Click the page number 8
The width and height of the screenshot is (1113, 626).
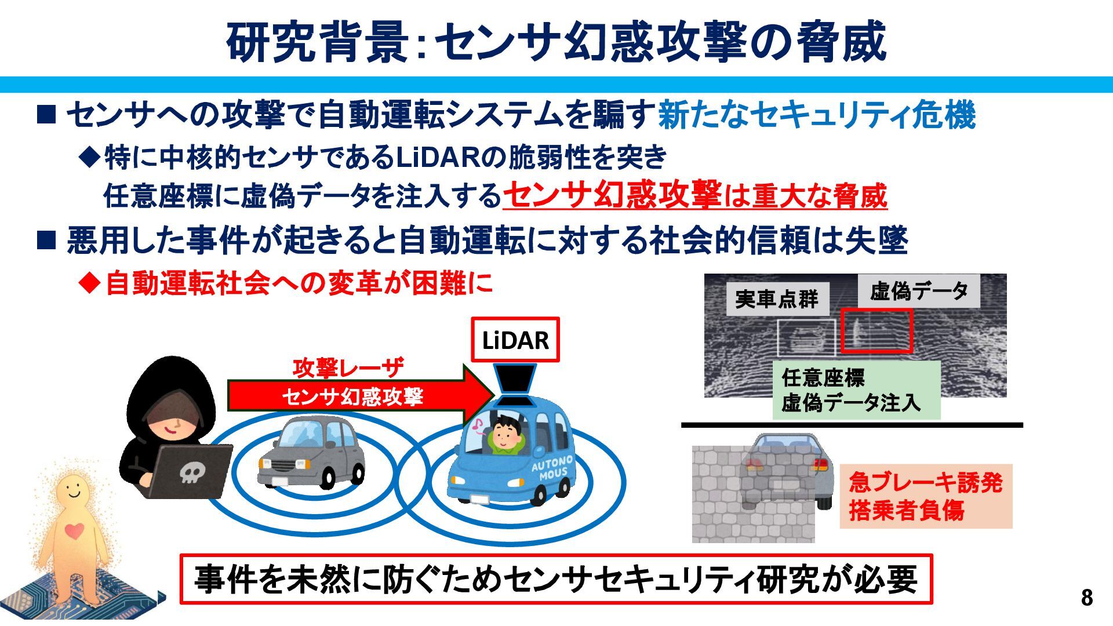pos(1087,598)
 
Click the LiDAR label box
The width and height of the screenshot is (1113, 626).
pos(515,340)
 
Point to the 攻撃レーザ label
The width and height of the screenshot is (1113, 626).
pos(348,367)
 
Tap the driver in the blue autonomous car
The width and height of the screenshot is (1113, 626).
pos(506,435)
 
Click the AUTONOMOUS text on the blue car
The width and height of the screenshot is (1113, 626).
pos(552,468)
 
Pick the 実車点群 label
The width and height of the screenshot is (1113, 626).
pos(777,299)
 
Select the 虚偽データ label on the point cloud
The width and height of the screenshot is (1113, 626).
pos(919,291)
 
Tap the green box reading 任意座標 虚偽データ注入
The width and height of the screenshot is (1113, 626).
pos(856,390)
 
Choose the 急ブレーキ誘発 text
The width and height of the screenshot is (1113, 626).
pos(925,482)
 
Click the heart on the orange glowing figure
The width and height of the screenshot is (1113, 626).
pos(74,530)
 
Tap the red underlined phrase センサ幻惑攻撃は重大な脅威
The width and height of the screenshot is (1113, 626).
pos(696,195)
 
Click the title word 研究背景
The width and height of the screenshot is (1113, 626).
pos(318,42)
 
